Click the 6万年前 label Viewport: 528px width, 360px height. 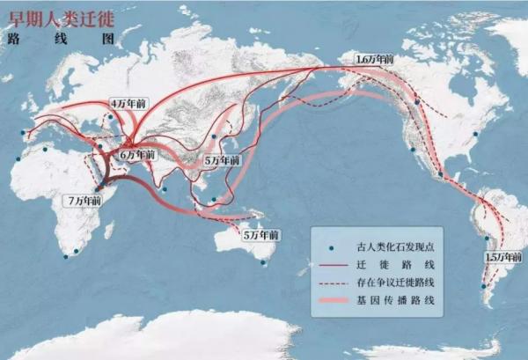click(138, 154)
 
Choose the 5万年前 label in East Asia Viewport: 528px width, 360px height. click(220, 162)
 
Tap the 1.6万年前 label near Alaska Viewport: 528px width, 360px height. click(374, 59)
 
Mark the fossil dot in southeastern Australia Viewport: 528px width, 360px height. click(264, 261)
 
